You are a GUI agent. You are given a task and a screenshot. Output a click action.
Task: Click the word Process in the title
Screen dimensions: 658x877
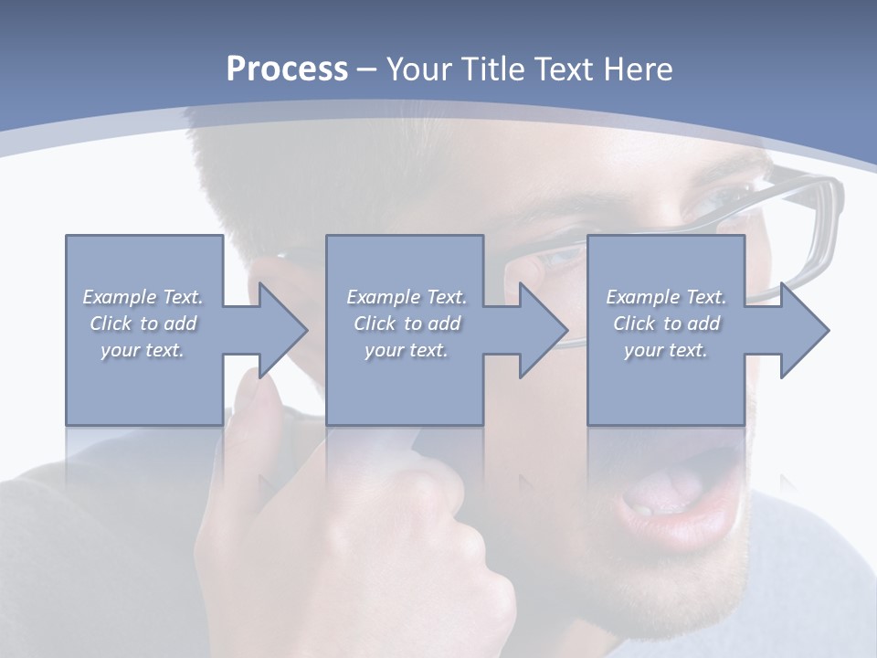coord(287,69)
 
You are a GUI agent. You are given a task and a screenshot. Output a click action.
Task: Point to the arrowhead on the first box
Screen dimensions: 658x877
coord(283,330)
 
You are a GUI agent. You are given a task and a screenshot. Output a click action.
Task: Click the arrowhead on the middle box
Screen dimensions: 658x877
coord(544,330)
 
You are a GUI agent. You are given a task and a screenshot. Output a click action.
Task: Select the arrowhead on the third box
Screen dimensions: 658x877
coord(805,330)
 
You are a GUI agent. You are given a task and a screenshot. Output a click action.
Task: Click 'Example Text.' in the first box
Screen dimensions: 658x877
coord(143,297)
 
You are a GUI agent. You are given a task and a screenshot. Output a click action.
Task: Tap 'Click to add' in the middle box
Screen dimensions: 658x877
coord(407,324)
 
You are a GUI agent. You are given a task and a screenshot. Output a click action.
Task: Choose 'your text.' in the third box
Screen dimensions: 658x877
coord(666,350)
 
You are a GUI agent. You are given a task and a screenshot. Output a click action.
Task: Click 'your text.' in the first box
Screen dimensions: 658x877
coord(143,350)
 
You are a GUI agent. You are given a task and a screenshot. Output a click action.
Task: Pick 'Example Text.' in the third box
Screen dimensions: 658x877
coord(666,297)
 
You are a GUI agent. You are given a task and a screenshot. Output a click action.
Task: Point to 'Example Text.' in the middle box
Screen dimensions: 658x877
coord(407,297)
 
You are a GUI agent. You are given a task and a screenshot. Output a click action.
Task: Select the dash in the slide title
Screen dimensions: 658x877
coord(367,69)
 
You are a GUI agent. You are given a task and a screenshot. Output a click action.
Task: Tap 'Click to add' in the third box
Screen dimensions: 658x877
coord(666,324)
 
